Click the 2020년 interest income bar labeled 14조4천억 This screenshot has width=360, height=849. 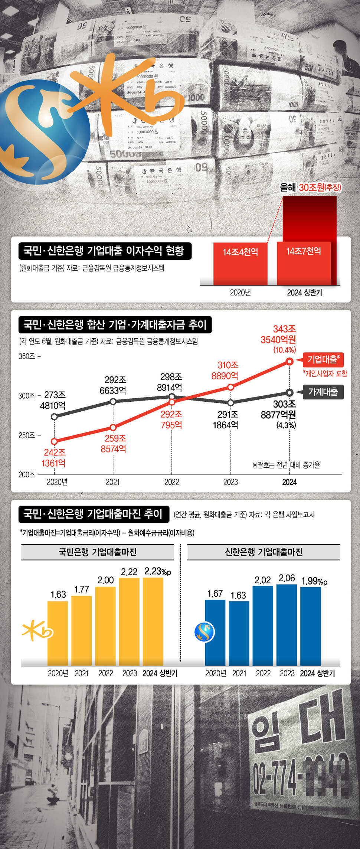point(240,264)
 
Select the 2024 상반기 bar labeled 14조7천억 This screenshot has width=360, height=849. point(304,264)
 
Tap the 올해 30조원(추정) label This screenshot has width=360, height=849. point(311,187)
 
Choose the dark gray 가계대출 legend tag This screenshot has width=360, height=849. point(323,392)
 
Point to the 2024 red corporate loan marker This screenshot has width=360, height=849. point(289,361)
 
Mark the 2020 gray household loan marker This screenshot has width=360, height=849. point(54,417)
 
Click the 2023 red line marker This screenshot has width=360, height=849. point(230,387)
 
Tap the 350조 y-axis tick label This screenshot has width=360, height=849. point(27,356)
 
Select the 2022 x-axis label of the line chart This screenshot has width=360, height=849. point(172,482)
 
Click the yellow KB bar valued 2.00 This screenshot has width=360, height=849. point(105,626)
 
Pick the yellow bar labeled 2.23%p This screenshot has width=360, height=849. point(153,621)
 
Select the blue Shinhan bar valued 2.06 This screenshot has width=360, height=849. point(287,625)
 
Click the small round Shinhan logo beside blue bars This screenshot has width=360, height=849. point(204,632)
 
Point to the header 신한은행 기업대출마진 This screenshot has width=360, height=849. point(264,552)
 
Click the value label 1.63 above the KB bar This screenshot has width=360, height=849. point(58,594)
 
